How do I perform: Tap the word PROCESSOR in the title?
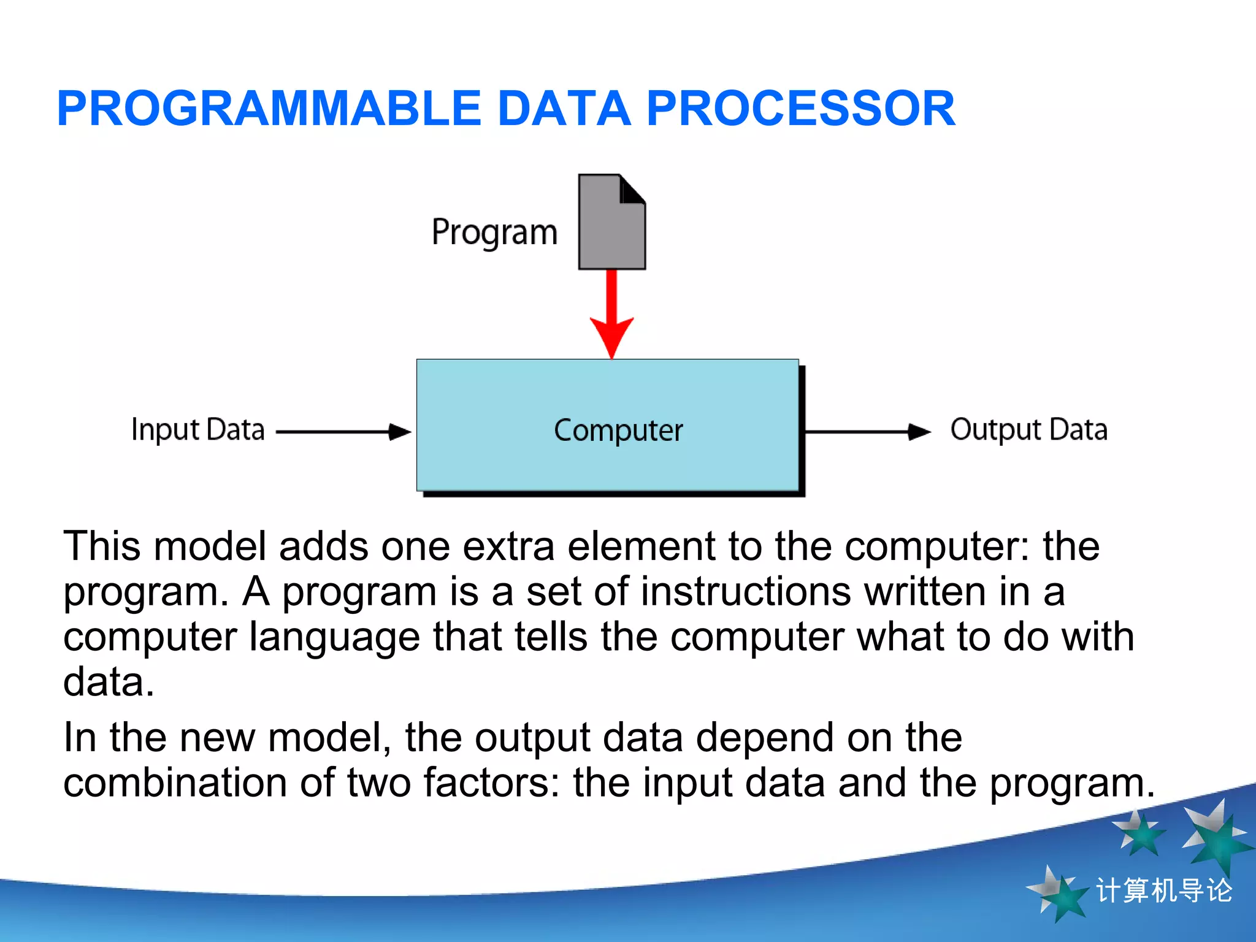point(800,109)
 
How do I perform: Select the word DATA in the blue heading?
point(564,109)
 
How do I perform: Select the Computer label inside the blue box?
point(618,431)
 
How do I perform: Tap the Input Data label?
point(197,429)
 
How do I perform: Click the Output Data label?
point(1028,429)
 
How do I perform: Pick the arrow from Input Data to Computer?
point(343,432)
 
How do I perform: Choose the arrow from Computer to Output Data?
point(866,432)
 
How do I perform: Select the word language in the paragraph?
point(334,638)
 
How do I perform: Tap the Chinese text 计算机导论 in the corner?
point(1163,890)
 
